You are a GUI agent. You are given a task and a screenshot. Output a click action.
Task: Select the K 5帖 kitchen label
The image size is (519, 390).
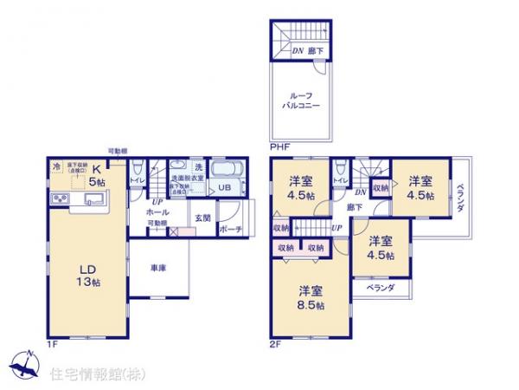97,176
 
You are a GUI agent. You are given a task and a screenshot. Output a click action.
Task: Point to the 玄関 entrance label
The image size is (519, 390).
202,218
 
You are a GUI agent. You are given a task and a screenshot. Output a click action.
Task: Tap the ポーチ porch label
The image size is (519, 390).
230,230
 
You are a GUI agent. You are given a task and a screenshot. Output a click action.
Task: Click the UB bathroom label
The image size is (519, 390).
223,188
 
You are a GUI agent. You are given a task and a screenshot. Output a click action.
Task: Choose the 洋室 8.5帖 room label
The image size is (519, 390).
311,296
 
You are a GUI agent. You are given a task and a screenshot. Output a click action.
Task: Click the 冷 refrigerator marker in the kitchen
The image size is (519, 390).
57,167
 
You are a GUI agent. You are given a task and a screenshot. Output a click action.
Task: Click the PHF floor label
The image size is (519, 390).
279,148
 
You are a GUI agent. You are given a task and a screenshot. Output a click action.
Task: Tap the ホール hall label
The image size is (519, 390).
157,211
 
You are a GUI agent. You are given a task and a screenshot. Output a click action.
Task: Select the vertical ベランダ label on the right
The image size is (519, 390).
460,199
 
